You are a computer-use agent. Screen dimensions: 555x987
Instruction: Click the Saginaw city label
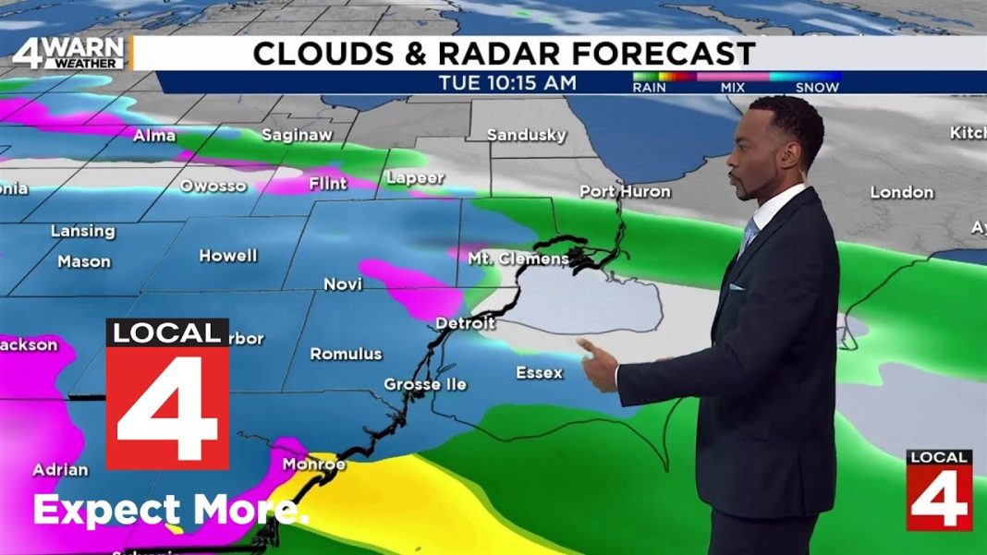pos(296,135)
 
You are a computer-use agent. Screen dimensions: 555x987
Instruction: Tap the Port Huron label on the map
pos(625,191)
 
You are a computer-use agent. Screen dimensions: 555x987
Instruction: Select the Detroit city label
pos(465,323)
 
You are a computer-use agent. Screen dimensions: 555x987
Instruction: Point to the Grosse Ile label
pos(425,384)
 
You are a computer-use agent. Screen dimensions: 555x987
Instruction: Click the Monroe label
pos(313,464)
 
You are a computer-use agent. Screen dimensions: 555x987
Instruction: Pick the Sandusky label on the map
pos(526,135)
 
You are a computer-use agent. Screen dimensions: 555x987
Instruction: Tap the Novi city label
pos(343,284)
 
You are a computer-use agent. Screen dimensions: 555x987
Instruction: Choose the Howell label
pos(227,256)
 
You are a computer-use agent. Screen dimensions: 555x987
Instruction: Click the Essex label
pos(539,373)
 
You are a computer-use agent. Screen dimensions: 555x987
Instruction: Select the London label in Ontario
pos(901,192)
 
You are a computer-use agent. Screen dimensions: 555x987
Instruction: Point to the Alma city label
pos(154,136)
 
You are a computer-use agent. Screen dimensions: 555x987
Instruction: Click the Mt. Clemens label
pos(518,259)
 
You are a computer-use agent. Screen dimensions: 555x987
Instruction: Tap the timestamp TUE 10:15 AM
pos(507,83)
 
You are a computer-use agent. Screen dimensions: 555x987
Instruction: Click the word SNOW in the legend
pos(817,88)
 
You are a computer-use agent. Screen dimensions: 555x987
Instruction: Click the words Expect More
pos(171,510)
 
